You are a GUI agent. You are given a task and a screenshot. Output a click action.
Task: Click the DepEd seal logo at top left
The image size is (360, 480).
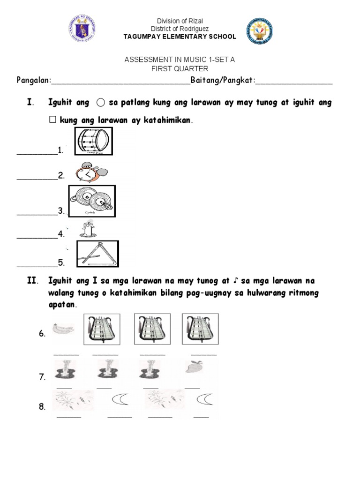[x=83, y=30]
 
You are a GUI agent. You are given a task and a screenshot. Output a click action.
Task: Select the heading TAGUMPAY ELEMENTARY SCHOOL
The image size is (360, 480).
[x=180, y=37]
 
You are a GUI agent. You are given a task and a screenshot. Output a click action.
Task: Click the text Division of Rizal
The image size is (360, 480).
[x=180, y=21]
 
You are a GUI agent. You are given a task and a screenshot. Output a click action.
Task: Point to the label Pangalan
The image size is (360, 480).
[x=33, y=81]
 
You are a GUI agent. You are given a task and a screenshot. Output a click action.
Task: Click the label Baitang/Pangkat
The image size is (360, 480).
[x=223, y=81]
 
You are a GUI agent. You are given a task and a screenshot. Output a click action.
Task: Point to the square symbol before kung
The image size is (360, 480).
[x=52, y=120]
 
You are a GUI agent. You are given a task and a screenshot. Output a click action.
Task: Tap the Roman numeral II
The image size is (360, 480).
[x=32, y=281]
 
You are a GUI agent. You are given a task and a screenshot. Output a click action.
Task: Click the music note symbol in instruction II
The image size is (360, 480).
[x=235, y=281]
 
